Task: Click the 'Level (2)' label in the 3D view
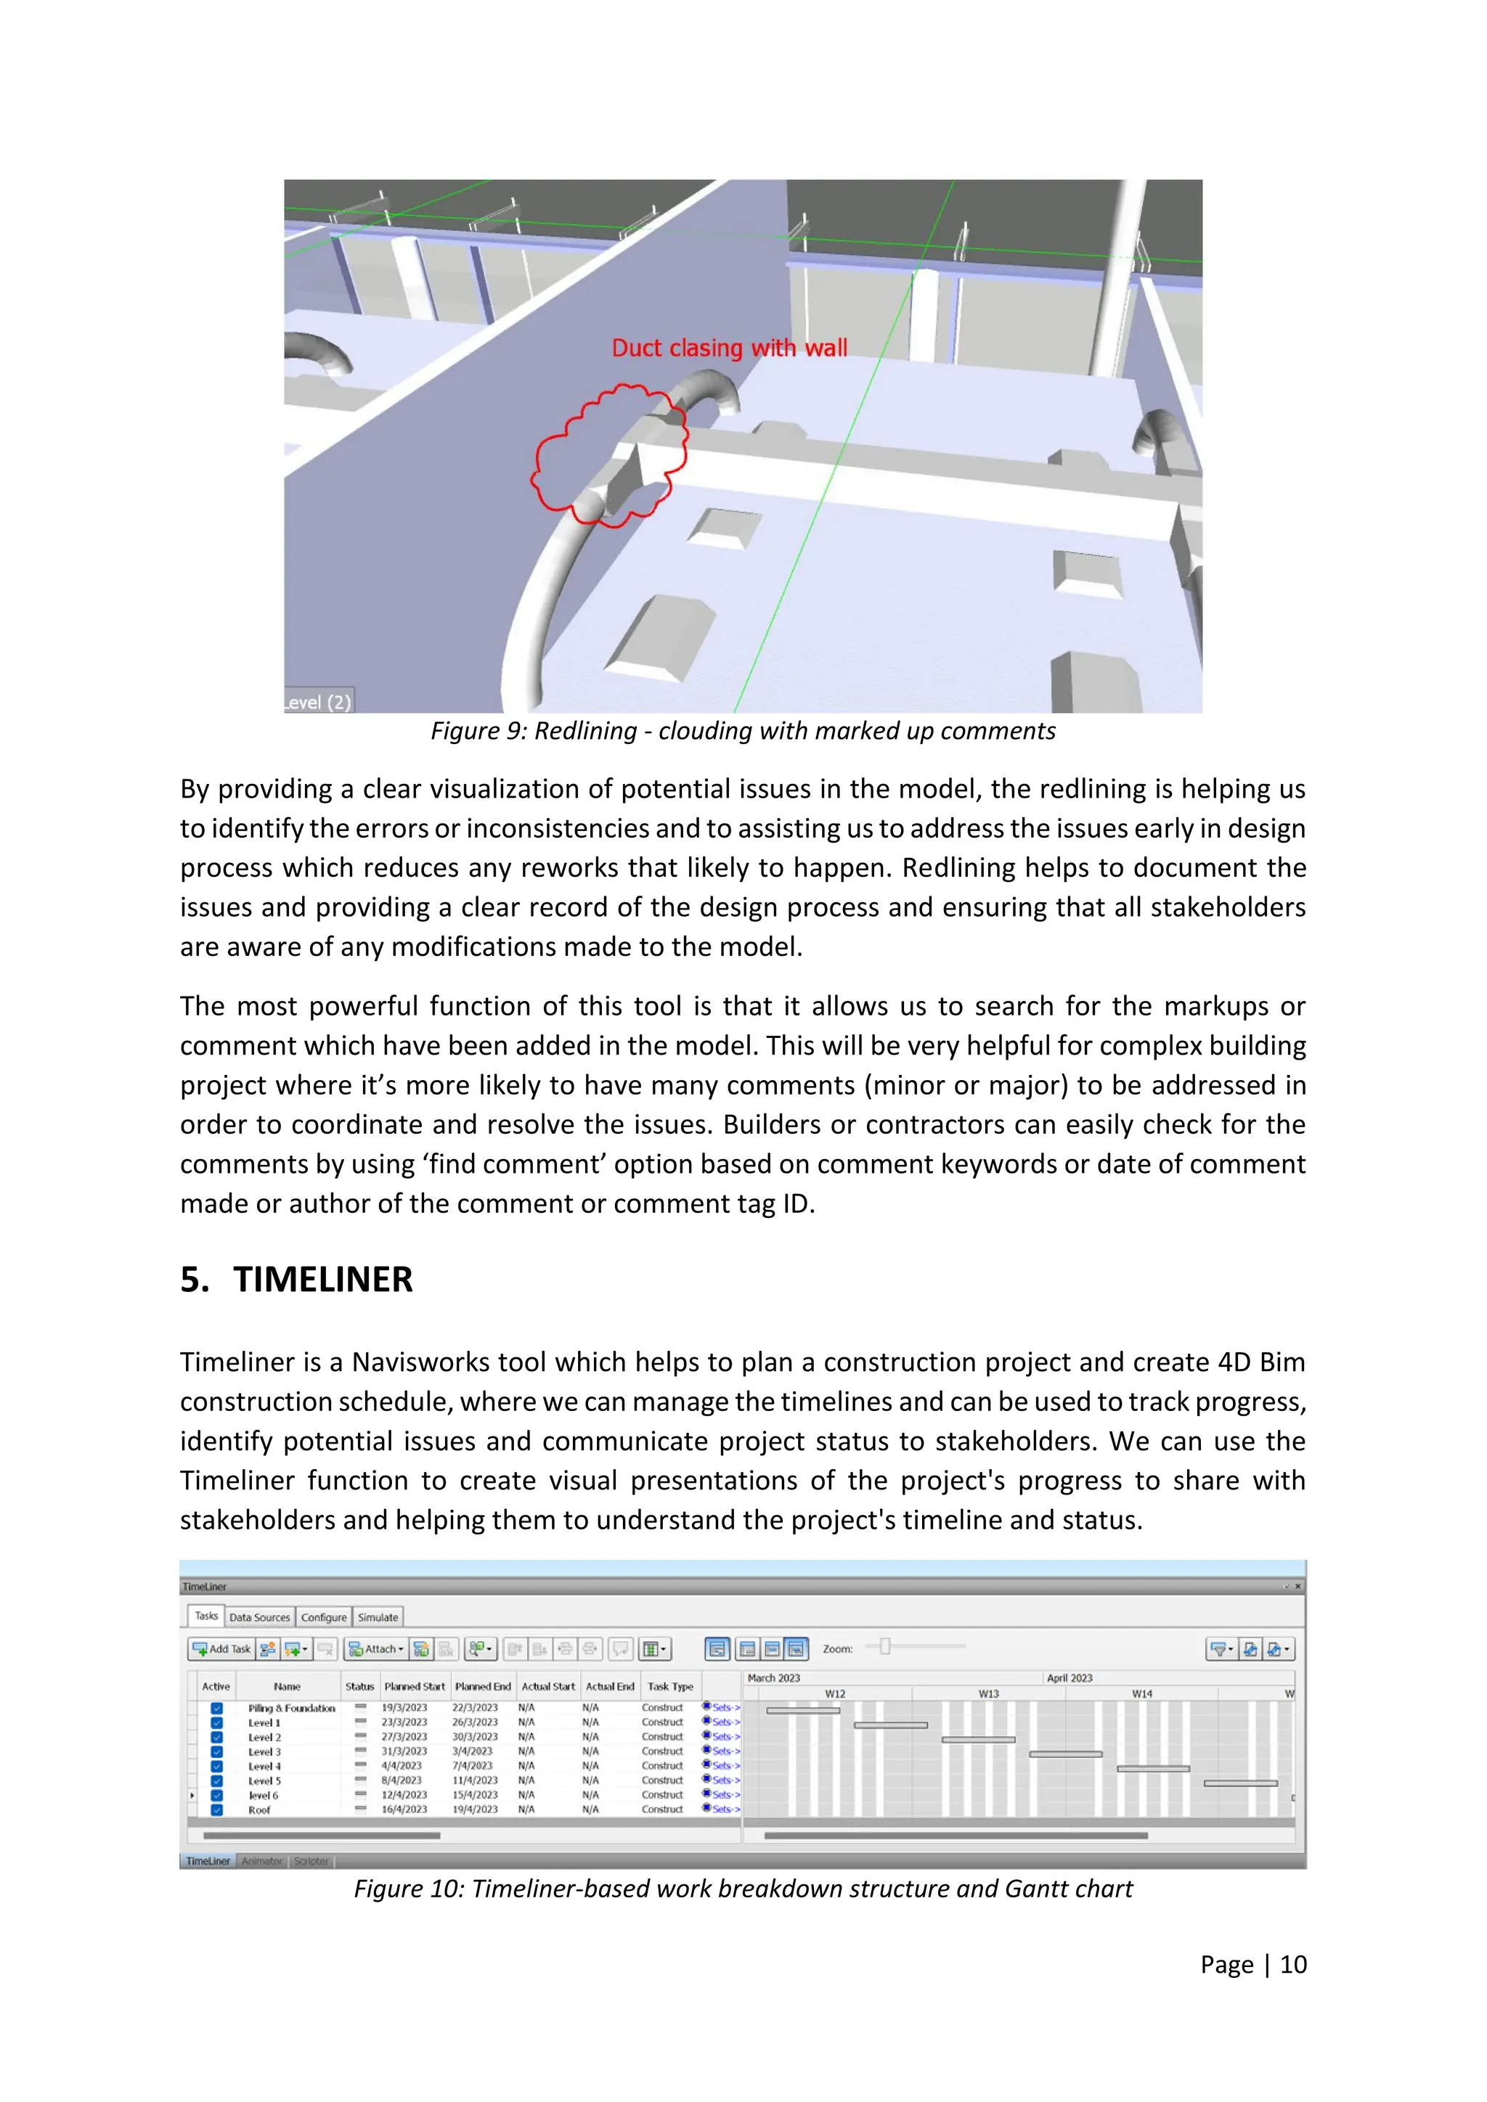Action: coord(317,702)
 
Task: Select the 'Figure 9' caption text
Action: coord(743,731)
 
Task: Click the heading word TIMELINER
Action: coord(322,1279)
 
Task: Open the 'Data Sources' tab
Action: coord(259,1618)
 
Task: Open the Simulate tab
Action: coord(378,1618)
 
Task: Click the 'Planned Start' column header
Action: coord(414,1686)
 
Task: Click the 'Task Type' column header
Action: coord(669,1686)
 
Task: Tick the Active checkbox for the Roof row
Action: coord(217,1810)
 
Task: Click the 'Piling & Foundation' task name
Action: coord(291,1709)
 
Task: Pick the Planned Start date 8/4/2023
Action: coord(403,1780)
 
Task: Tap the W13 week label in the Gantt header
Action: coord(988,1693)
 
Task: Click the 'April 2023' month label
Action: coord(1069,1678)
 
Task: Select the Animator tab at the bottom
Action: coord(262,1861)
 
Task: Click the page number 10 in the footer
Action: coord(1293,1965)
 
